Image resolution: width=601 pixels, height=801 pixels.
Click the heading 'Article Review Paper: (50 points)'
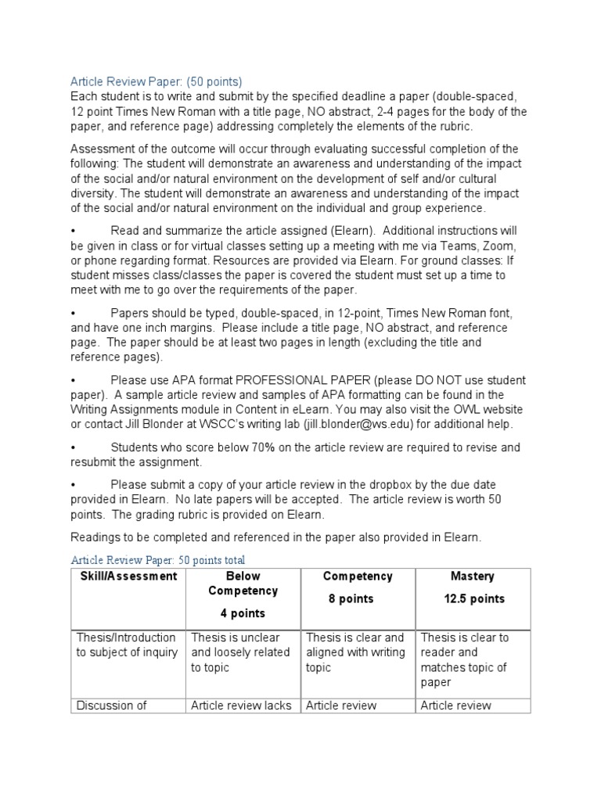click(x=157, y=81)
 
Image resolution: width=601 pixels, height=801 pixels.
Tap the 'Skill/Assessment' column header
click(x=128, y=577)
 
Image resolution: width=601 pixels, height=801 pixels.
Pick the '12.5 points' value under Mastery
click(x=472, y=598)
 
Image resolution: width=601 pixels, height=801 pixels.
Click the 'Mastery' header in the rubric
click(x=472, y=577)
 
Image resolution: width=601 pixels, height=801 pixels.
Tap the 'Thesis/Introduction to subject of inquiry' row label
click(x=127, y=645)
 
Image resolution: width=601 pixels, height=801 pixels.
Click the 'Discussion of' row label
click(x=111, y=705)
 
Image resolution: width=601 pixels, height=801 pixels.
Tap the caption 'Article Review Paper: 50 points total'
click(x=157, y=560)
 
